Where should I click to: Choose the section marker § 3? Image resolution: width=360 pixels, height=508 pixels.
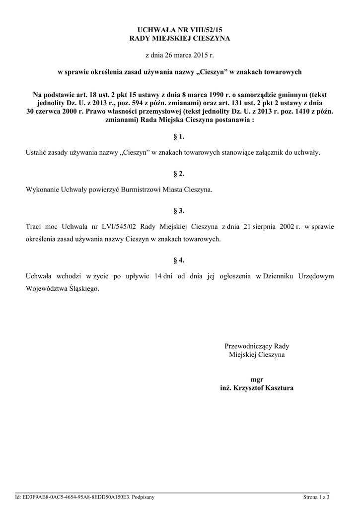(x=180, y=210)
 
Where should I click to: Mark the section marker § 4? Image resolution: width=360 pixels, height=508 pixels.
(x=180, y=260)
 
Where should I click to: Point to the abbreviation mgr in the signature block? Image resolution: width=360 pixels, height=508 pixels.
(x=257, y=379)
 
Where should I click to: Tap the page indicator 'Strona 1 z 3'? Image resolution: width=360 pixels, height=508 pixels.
(x=317, y=497)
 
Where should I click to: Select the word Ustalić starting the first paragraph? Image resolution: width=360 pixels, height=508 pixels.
(x=35, y=152)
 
